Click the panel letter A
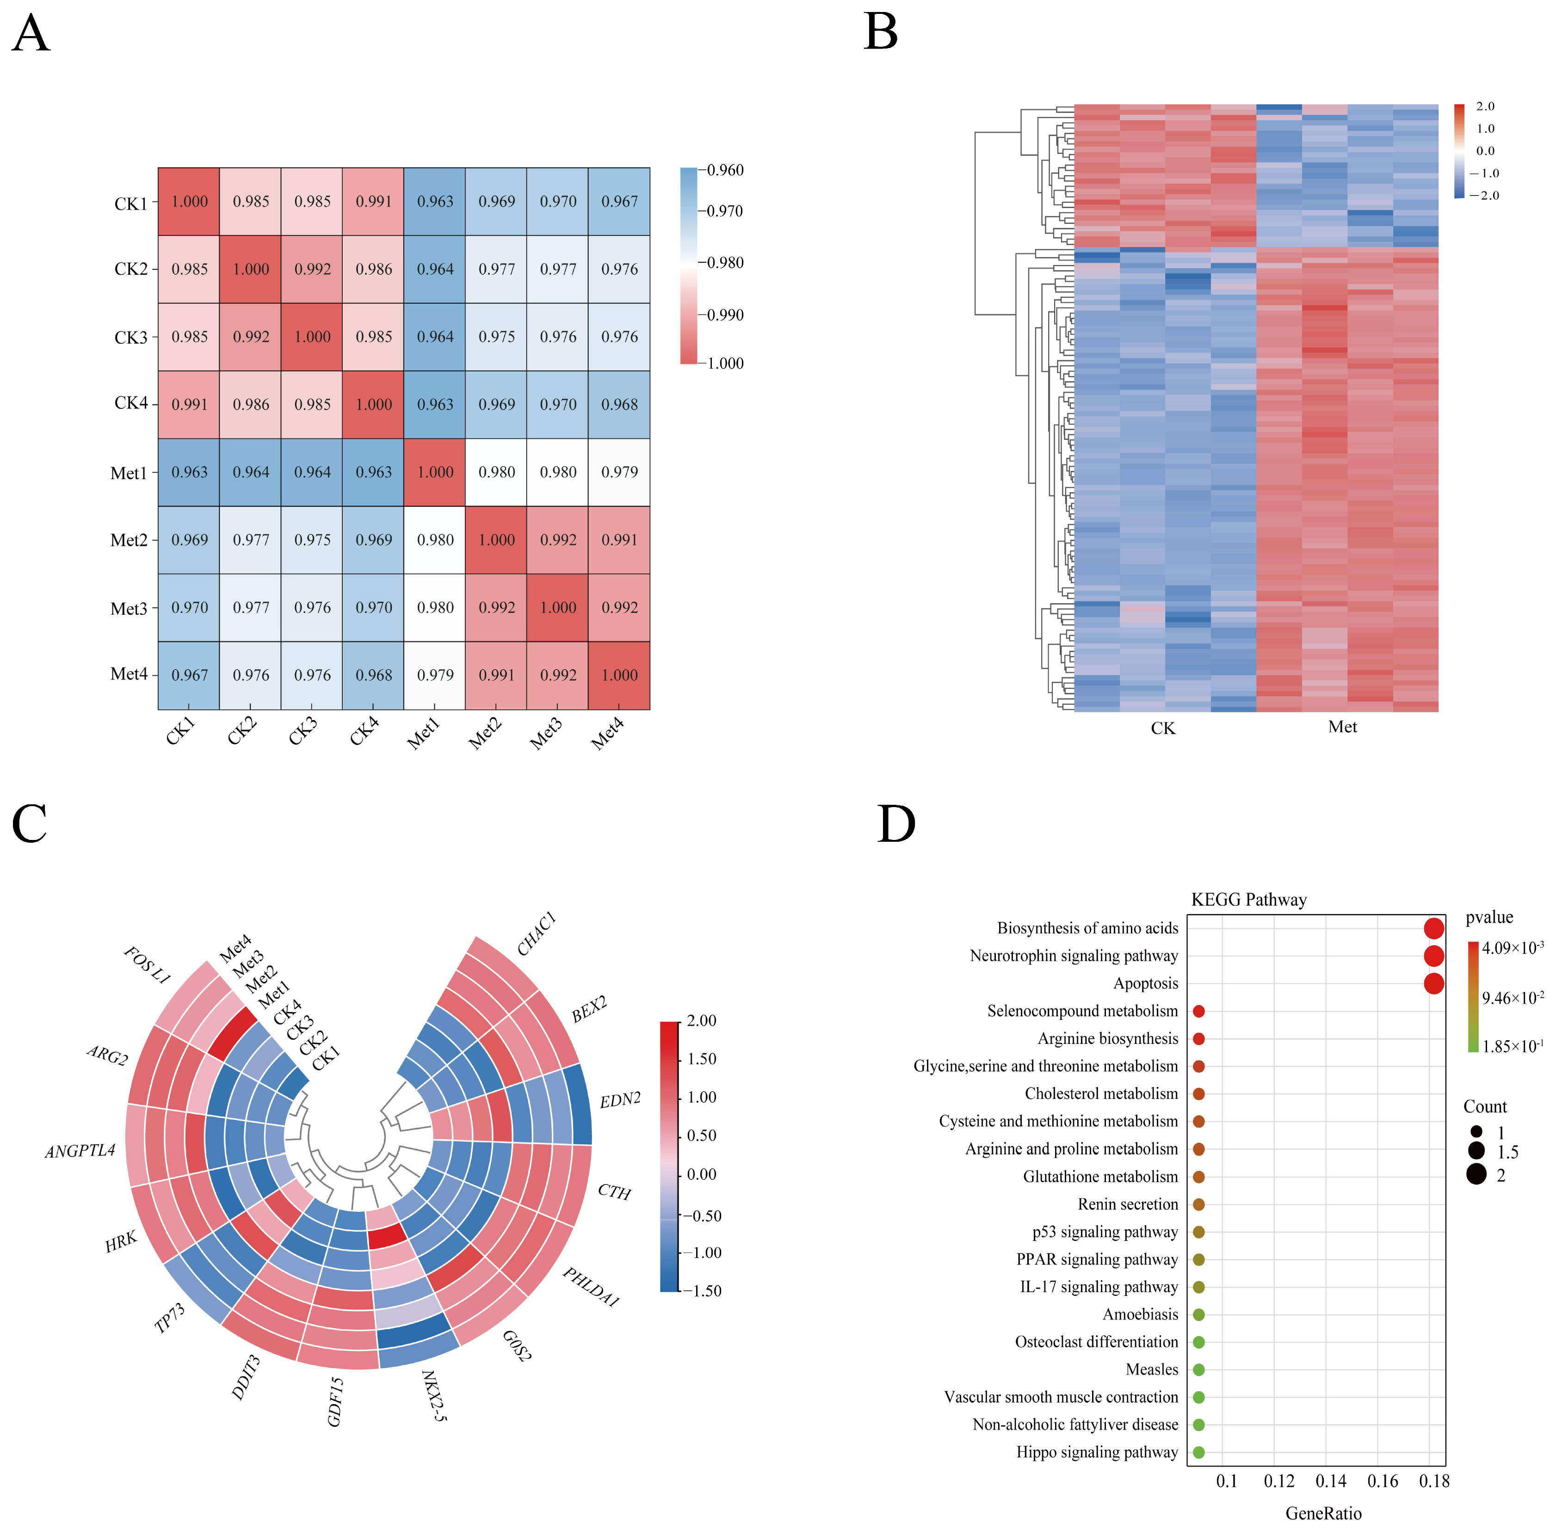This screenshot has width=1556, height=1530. coord(31,34)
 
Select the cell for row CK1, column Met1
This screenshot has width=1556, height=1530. coord(435,202)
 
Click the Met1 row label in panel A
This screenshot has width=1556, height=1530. coord(129,473)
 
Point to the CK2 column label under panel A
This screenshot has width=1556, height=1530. coord(241,731)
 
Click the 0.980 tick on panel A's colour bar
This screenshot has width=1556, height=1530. coord(723,263)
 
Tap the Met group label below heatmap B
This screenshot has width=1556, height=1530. coord(1342,727)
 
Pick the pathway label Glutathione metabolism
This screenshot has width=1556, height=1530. coord(1100,1177)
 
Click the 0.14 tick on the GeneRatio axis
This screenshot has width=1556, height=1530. coord(1331,1481)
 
